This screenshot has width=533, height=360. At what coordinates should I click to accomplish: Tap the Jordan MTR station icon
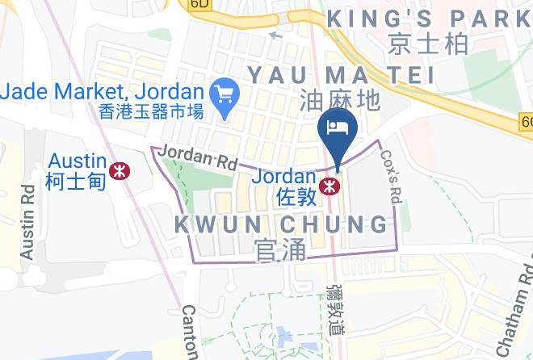(x=328, y=186)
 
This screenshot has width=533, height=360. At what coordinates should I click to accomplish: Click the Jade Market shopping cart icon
(x=221, y=95)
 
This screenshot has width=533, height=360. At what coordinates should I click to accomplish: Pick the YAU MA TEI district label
(x=340, y=75)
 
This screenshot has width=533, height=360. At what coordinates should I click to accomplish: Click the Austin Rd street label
(x=27, y=221)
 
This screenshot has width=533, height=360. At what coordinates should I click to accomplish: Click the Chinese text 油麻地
(x=339, y=100)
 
